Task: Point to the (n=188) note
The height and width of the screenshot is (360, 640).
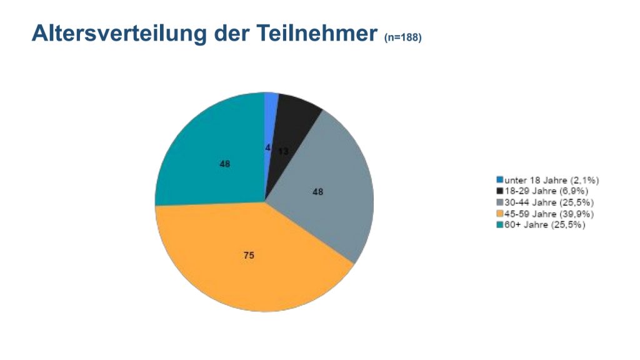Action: coord(403,38)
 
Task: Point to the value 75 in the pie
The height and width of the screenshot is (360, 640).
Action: coord(249,255)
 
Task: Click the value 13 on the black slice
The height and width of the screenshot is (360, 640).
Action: coord(283,151)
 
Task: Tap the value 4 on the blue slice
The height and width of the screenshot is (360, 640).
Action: coord(267,148)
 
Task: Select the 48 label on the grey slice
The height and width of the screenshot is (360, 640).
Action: coord(318,192)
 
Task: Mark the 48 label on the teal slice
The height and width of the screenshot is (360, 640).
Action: coord(225,164)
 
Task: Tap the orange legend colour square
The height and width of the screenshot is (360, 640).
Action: coord(500,214)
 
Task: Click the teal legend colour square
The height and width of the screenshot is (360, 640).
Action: coord(500,225)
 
